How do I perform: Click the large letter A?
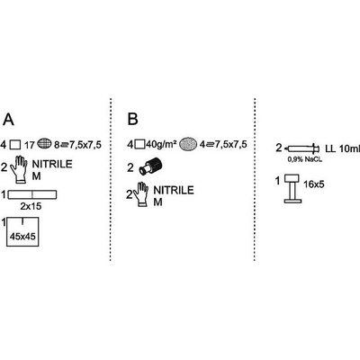[x=8, y=120]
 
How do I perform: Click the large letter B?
[x=133, y=119]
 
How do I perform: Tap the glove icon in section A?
[x=19, y=169]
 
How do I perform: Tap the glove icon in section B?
[x=140, y=194]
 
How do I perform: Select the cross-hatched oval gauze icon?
[x=44, y=145]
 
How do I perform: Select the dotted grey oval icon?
[x=188, y=144]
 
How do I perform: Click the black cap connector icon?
[x=150, y=167]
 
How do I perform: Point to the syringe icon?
[x=302, y=148]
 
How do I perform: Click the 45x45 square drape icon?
[x=22, y=232]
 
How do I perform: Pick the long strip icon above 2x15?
[x=32, y=194]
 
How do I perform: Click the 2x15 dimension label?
[x=31, y=206]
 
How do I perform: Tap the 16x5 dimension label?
[x=313, y=184]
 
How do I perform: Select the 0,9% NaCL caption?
[x=304, y=159]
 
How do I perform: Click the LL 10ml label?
[x=342, y=148]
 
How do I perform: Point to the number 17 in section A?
[x=30, y=146]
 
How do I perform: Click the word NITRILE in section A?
[x=52, y=164]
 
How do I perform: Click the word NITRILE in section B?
[x=174, y=190]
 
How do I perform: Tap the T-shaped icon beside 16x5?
[x=292, y=189]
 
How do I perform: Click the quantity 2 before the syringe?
[x=279, y=148]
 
